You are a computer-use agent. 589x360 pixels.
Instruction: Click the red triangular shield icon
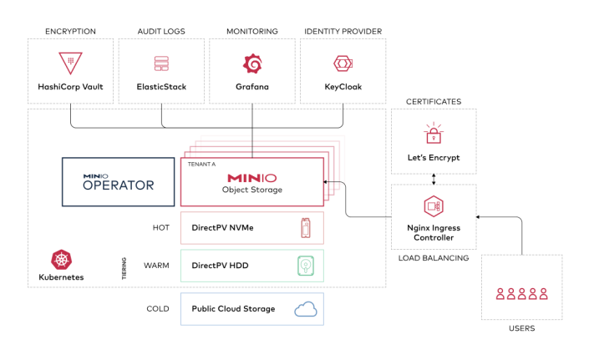click(70, 63)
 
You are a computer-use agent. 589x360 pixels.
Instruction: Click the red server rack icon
click(161, 63)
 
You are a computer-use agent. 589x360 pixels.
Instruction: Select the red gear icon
click(252, 63)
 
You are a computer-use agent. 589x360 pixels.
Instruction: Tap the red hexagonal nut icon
click(343, 63)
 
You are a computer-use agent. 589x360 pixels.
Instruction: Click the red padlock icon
click(434, 134)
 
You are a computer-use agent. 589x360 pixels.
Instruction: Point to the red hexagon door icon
click(433, 206)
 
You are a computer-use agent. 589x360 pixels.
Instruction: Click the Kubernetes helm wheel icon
click(61, 260)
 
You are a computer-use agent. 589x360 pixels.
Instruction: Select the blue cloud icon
click(307, 310)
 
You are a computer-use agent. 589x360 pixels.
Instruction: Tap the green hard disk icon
click(307, 266)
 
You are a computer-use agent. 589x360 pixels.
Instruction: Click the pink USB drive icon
click(306, 227)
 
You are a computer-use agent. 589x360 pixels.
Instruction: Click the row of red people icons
click(521, 293)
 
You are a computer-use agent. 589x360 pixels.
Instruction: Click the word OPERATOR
click(118, 185)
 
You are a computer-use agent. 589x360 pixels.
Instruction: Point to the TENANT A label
click(201, 165)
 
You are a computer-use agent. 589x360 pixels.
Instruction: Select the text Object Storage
click(251, 190)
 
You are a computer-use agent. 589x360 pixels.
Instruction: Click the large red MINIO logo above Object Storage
click(251, 178)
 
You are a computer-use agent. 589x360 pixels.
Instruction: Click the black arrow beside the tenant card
click(334, 182)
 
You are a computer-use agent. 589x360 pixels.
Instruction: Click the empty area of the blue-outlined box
click(234, 309)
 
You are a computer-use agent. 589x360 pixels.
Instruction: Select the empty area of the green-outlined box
click(234, 266)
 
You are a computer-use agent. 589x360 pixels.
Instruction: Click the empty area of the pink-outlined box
click(234, 228)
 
